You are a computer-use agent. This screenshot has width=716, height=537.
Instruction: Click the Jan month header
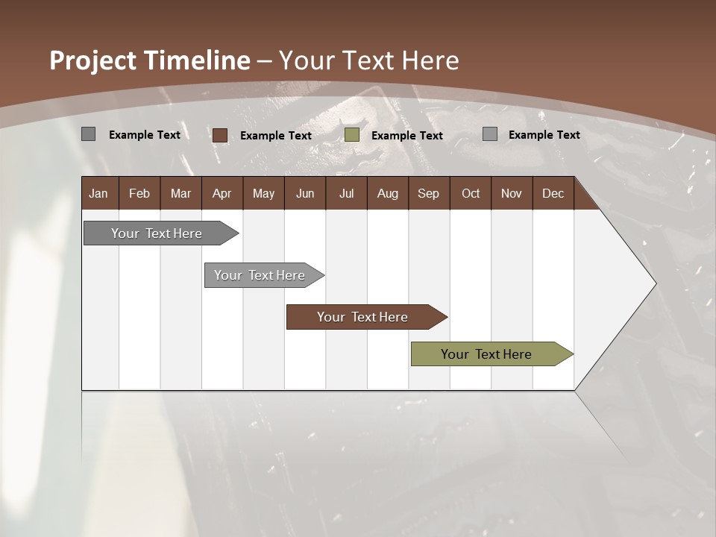click(98, 193)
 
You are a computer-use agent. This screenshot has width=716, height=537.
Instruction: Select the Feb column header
click(139, 193)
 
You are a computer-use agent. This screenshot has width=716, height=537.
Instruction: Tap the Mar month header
click(180, 193)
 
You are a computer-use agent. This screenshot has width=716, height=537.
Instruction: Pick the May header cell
click(263, 193)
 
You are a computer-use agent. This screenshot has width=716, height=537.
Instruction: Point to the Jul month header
click(346, 193)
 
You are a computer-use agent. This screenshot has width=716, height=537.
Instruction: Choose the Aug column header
click(387, 193)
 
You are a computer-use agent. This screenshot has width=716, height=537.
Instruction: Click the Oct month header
click(471, 193)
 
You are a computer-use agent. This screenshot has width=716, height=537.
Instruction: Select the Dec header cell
click(553, 193)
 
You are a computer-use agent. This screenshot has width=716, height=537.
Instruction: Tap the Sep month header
click(428, 193)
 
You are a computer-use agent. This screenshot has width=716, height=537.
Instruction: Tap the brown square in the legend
click(219, 135)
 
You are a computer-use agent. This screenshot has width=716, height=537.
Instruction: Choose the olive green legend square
click(352, 135)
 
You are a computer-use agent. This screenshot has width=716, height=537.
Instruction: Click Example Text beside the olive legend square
click(406, 136)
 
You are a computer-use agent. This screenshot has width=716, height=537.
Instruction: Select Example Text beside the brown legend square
click(275, 136)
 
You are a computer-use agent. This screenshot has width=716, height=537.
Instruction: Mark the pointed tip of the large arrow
click(655, 283)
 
